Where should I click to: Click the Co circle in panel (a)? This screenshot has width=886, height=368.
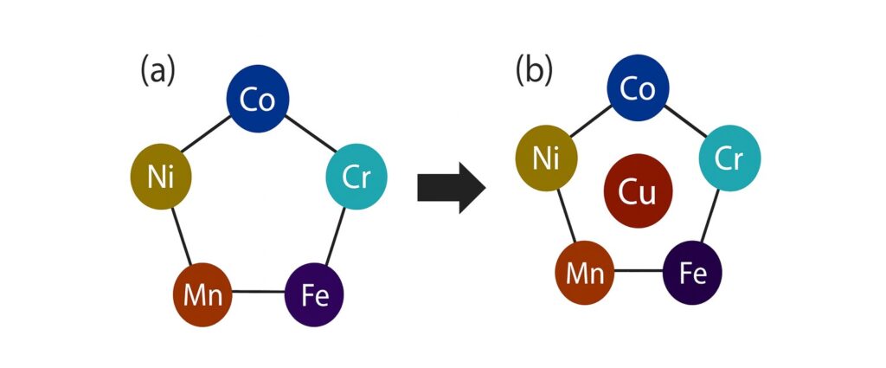(x=257, y=100)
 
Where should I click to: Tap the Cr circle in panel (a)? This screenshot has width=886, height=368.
(x=356, y=177)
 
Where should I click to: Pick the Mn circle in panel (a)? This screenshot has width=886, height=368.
(x=202, y=294)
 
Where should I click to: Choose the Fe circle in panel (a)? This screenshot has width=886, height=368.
(x=314, y=294)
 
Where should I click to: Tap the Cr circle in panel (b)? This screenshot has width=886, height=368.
(x=729, y=158)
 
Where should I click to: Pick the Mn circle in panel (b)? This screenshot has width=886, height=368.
(x=585, y=273)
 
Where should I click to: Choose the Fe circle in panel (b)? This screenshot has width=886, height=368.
(x=692, y=273)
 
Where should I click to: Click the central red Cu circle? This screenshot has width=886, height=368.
(x=639, y=192)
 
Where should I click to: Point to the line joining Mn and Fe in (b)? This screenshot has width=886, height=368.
(x=639, y=270)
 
